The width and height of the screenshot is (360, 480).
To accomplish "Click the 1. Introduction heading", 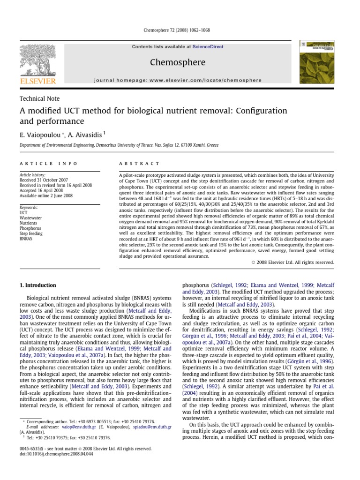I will point(37,285).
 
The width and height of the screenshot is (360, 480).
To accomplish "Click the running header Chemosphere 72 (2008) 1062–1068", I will point(175,30).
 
